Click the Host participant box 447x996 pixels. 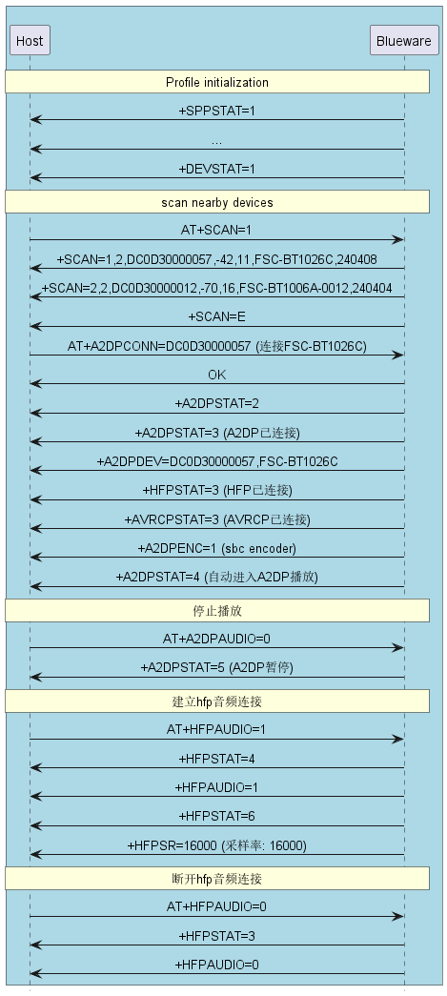(30, 41)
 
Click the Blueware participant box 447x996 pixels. (404, 41)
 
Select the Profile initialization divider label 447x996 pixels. (217, 82)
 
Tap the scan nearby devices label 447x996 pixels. (217, 202)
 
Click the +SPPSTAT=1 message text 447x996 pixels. (216, 111)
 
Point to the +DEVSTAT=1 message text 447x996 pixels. (216, 169)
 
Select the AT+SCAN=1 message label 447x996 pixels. (216, 230)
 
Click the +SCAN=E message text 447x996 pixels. (216, 316)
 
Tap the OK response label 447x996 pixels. (216, 375)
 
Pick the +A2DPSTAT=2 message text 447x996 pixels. (216, 403)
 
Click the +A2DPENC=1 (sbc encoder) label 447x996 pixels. (216, 547)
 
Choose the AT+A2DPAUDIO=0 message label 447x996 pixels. (216, 639)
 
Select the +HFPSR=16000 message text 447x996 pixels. (216, 845)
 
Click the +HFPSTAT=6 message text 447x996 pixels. (216, 816)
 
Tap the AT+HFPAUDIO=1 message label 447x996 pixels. (216, 729)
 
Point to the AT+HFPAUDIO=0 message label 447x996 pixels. (216, 906)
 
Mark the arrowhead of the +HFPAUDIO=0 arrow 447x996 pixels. (34, 974)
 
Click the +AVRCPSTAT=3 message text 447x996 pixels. (216, 518)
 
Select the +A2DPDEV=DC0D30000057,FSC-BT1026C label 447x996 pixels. (216, 461)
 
